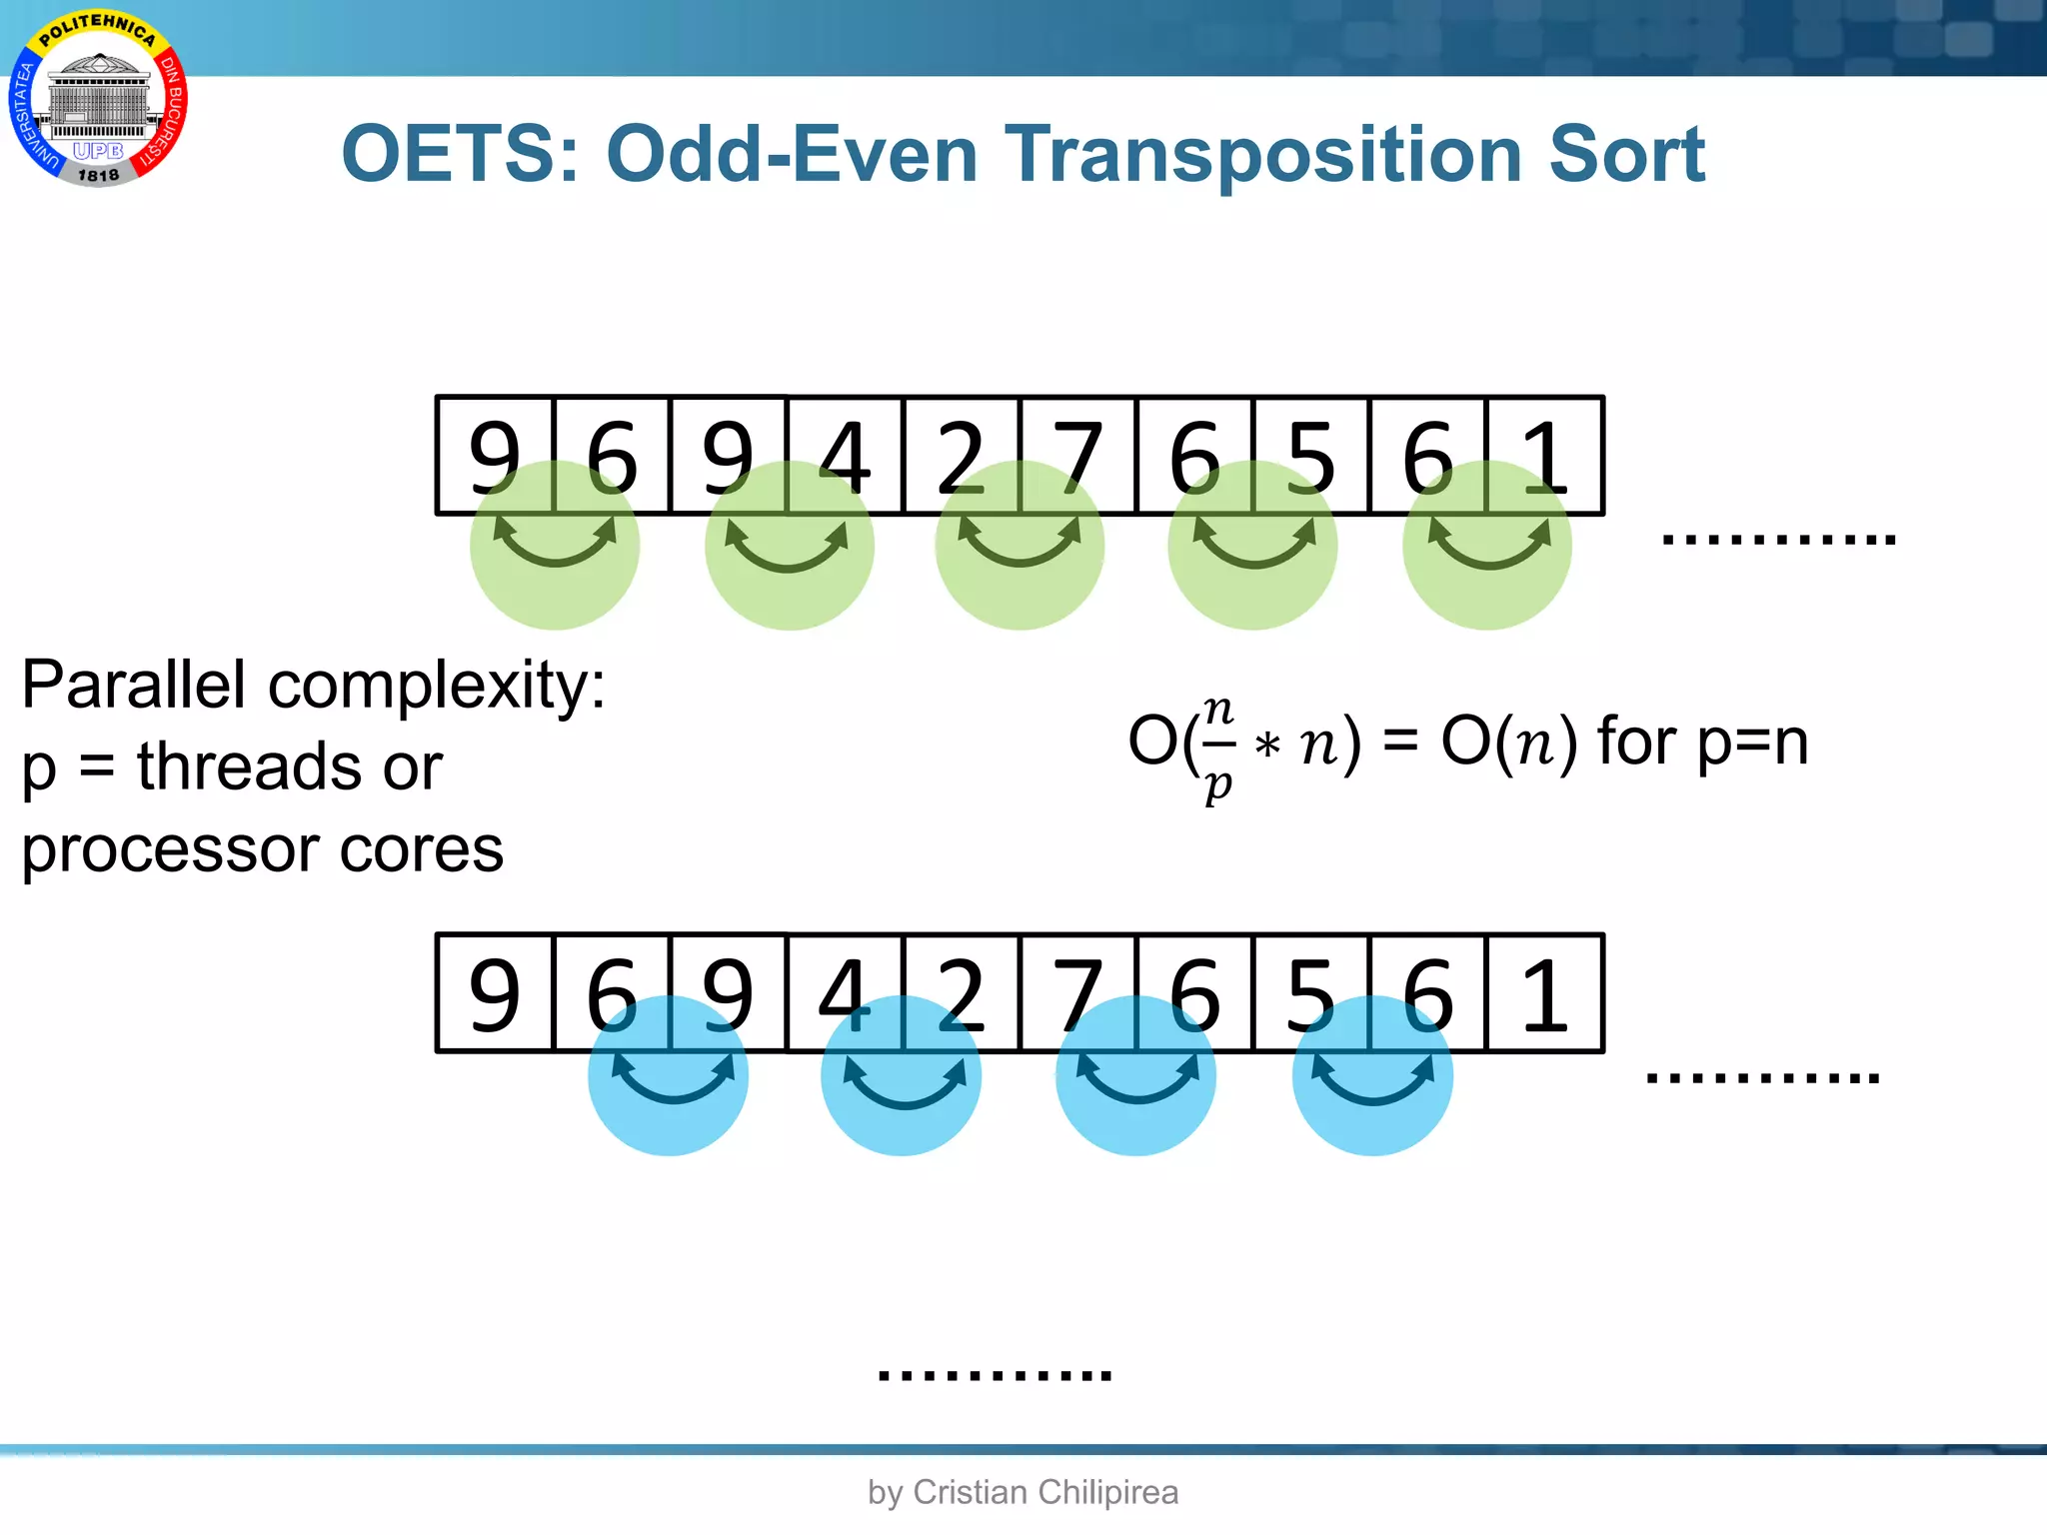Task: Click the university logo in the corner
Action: pyautogui.click(x=98, y=100)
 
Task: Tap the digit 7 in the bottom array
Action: pyautogui.click(x=1077, y=993)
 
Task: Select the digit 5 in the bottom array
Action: pyautogui.click(x=1310, y=993)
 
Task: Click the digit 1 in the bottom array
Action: pyautogui.click(x=1544, y=993)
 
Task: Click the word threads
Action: pyautogui.click(x=249, y=767)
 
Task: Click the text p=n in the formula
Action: pyautogui.click(x=1753, y=743)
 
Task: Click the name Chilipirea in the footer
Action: pyautogui.click(x=1107, y=1492)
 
